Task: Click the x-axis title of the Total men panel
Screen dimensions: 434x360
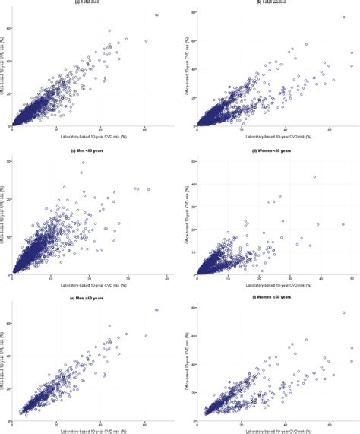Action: click(90, 137)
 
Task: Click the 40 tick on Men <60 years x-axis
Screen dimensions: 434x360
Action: click(166, 279)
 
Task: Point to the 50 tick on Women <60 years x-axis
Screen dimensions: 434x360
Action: click(352, 279)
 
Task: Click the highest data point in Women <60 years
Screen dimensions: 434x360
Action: click(314, 177)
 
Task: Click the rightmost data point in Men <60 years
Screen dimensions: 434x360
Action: click(149, 189)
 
